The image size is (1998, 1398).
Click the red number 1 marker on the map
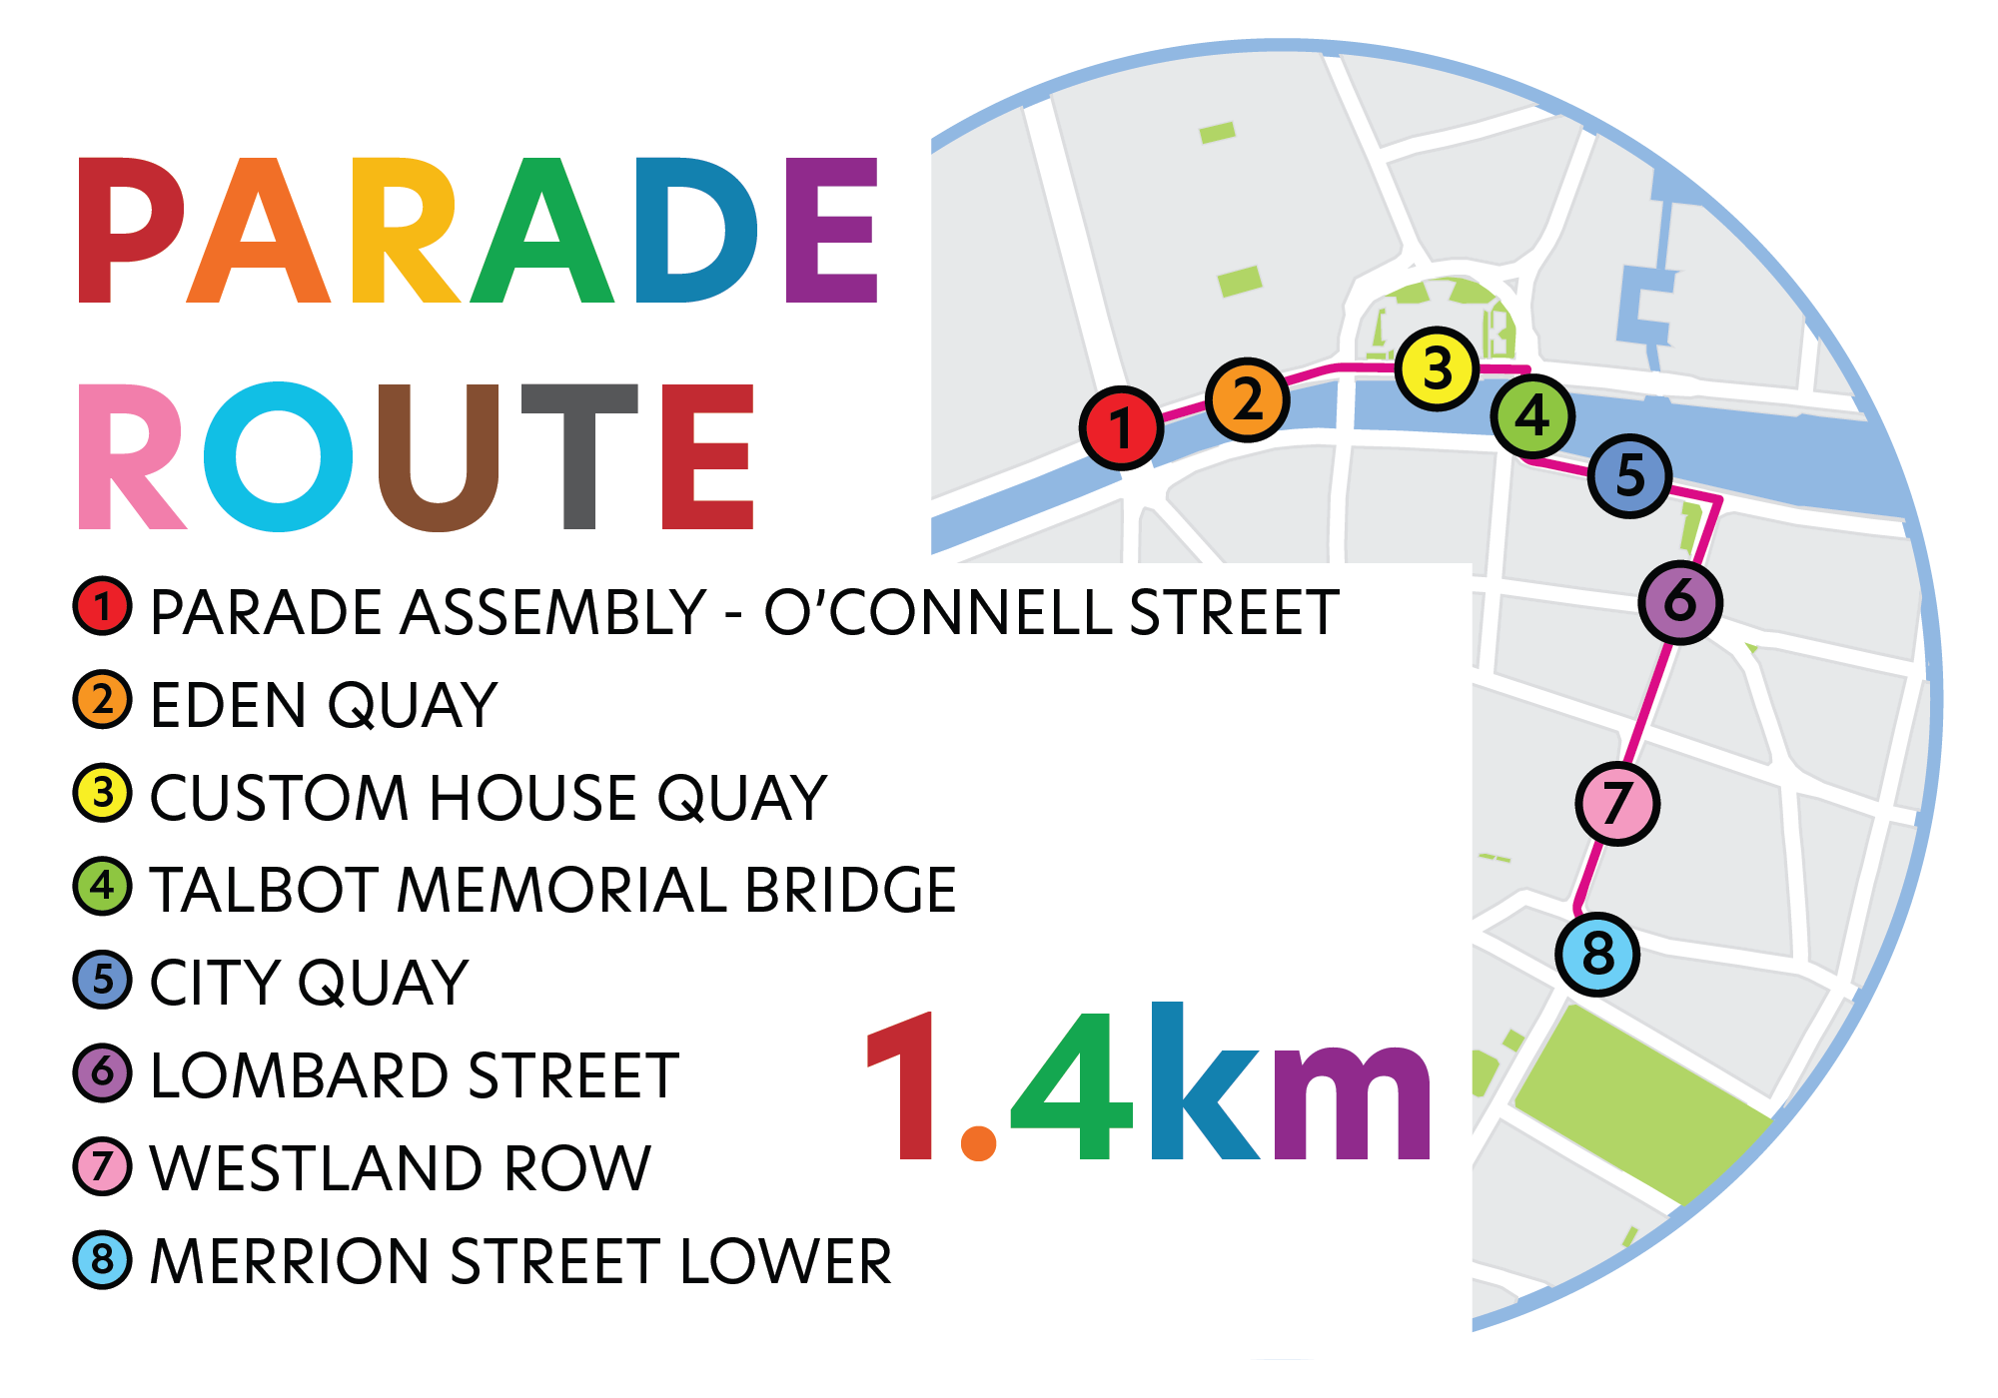(x=1121, y=428)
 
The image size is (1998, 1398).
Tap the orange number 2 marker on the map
(x=1247, y=399)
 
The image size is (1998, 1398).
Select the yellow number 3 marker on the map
(x=1437, y=368)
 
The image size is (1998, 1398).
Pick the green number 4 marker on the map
(x=1532, y=416)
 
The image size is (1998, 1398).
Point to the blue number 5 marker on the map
(x=1629, y=475)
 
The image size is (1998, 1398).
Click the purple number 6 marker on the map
(x=1680, y=601)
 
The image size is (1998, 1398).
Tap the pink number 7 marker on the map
(x=1617, y=803)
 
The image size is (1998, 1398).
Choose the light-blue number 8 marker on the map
(x=1597, y=954)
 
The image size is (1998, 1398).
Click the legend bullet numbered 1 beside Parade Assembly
(x=102, y=606)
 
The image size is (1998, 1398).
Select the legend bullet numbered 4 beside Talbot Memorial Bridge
(x=102, y=886)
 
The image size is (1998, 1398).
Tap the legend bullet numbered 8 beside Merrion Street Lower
(x=102, y=1259)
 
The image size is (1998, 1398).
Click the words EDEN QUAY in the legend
(x=324, y=705)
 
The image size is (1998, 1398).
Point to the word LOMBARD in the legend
(x=300, y=1075)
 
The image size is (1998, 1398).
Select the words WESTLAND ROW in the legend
(x=400, y=1167)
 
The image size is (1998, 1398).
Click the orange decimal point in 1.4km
(x=978, y=1142)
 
